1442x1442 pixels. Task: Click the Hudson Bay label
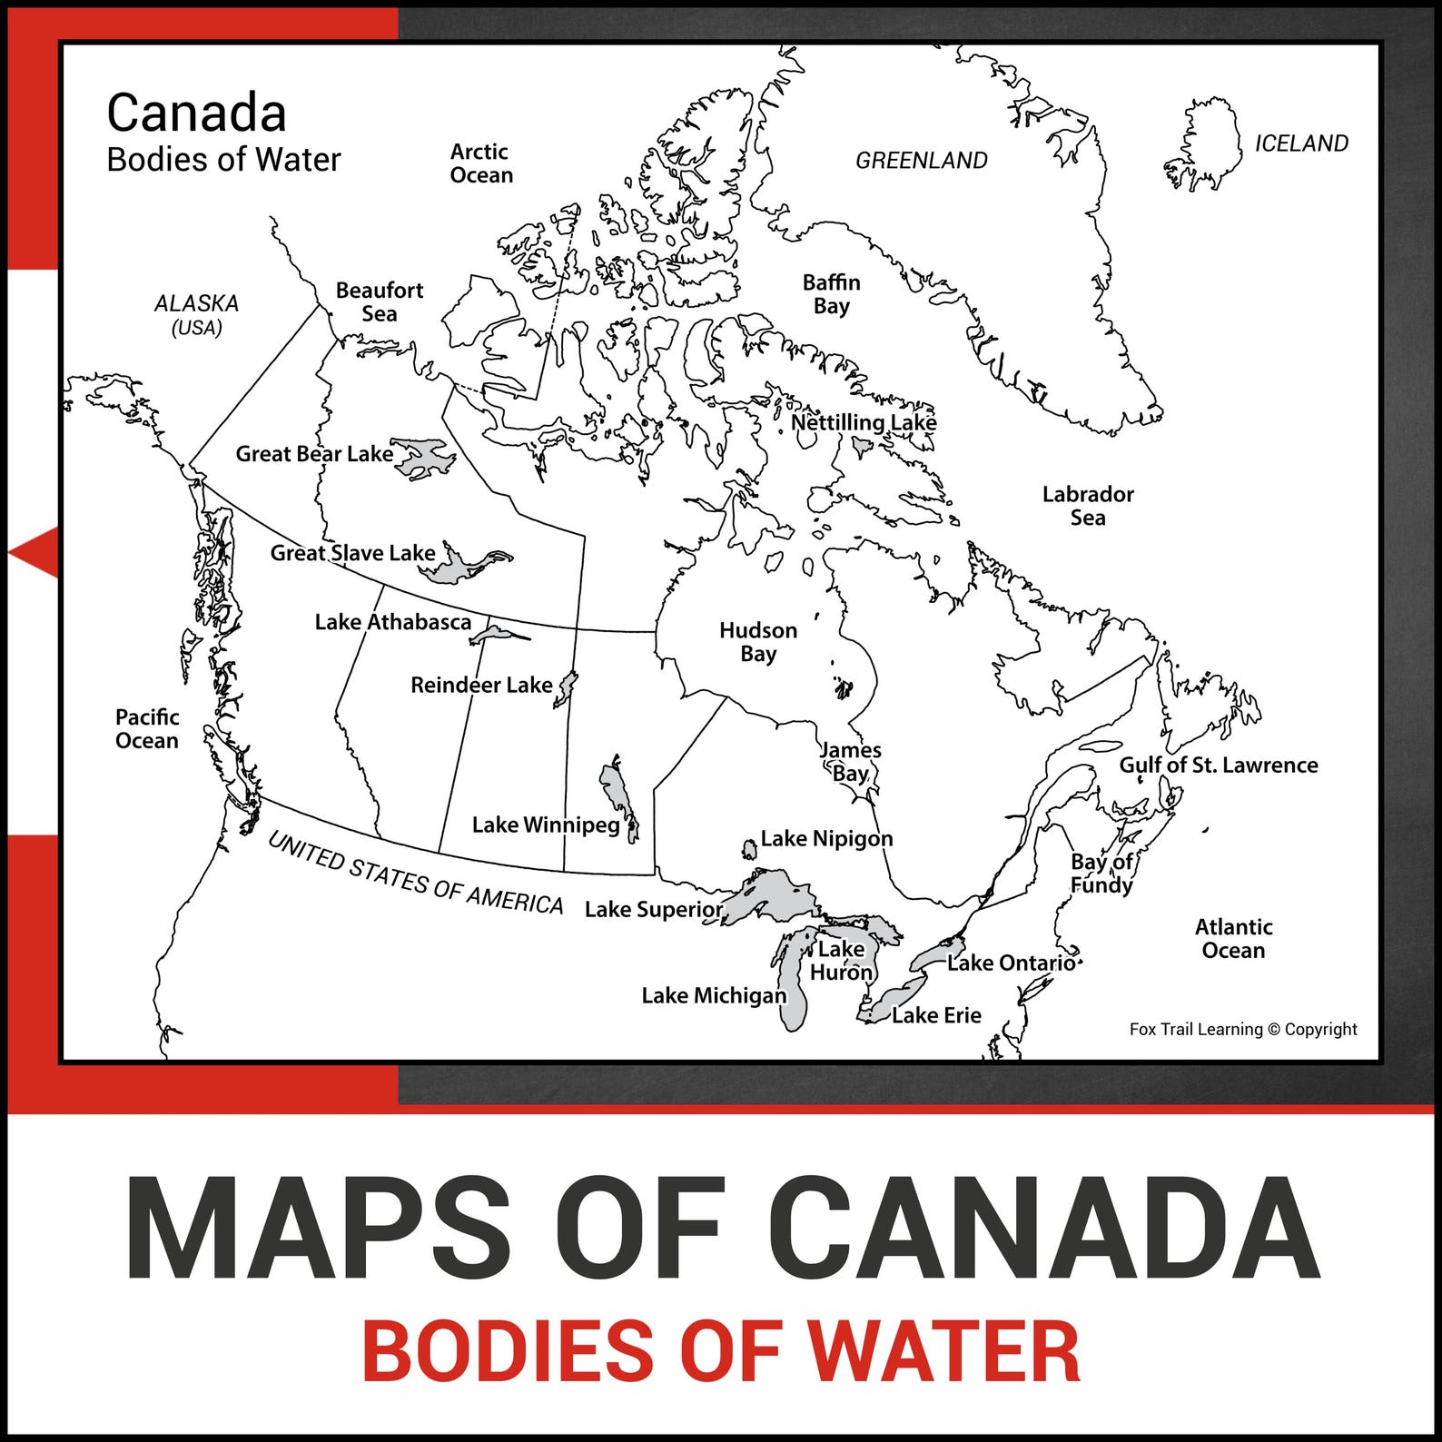[x=757, y=642]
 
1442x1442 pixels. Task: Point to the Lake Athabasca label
[x=392, y=622]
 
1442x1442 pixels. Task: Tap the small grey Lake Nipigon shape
[x=749, y=850]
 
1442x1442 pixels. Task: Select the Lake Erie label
[x=936, y=1015]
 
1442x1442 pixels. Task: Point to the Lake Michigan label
[x=714, y=996]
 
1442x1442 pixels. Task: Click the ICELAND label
[x=1300, y=143]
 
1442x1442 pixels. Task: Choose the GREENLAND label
[x=921, y=161]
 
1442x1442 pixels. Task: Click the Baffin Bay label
[x=831, y=294]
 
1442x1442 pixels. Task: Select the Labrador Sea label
[x=1088, y=506]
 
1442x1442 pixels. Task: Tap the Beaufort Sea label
[x=380, y=301]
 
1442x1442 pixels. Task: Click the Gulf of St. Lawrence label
[x=1218, y=765]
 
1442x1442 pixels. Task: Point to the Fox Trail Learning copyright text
[x=1243, y=1030]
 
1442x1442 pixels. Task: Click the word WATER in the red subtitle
[x=944, y=1352]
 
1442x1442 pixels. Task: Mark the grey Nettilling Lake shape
[x=862, y=446]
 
